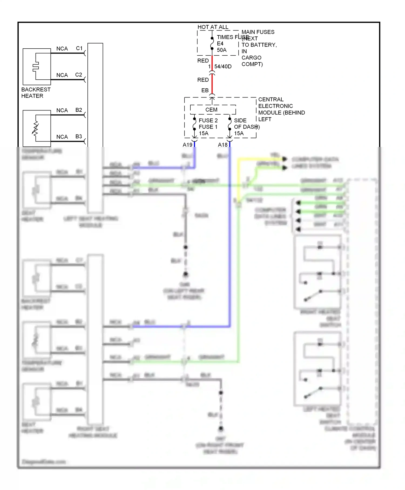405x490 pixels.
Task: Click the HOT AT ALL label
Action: click(213, 27)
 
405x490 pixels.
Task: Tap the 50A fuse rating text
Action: click(222, 50)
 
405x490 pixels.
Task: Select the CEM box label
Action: click(211, 110)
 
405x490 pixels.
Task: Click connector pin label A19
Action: click(187, 145)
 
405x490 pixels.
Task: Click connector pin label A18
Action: click(223, 145)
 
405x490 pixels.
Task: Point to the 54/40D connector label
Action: click(223, 66)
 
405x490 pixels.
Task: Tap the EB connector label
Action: click(205, 90)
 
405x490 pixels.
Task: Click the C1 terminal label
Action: click(79, 48)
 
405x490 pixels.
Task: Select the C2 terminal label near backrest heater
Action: click(79, 75)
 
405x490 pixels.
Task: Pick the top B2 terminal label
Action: click(79, 110)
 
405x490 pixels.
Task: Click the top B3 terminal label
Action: click(79, 136)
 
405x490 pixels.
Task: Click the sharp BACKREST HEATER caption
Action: click(36, 93)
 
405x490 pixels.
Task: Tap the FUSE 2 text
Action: click(208, 120)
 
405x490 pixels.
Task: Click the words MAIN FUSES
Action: click(258, 32)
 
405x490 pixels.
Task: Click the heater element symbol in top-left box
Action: click(36, 66)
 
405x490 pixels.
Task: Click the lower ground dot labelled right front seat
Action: click(221, 428)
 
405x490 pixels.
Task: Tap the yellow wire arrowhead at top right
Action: click(284, 159)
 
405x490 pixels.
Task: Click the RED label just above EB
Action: click(203, 80)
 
